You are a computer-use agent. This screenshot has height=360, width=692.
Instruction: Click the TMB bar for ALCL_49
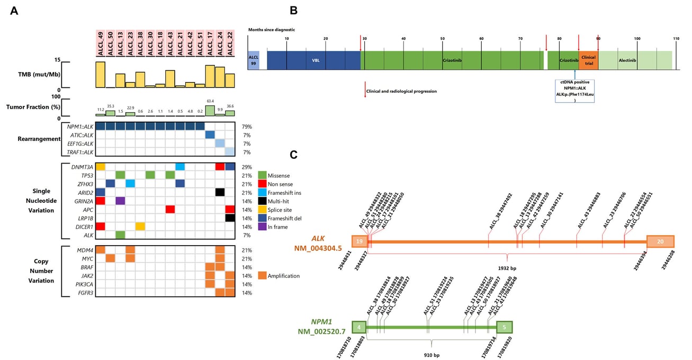click(100, 75)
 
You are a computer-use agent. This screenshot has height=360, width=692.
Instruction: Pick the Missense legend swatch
click(263, 175)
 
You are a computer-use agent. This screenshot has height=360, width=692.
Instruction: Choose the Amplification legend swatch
click(263, 275)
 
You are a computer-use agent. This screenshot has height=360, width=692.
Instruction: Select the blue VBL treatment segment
click(313, 60)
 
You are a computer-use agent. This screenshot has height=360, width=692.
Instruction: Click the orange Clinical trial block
click(588, 61)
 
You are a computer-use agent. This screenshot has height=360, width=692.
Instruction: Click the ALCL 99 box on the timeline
click(254, 61)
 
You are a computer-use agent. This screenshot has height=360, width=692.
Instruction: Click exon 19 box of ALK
click(359, 241)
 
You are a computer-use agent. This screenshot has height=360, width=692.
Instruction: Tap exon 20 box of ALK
click(660, 241)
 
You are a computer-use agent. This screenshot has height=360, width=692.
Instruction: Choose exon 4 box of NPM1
click(359, 326)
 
